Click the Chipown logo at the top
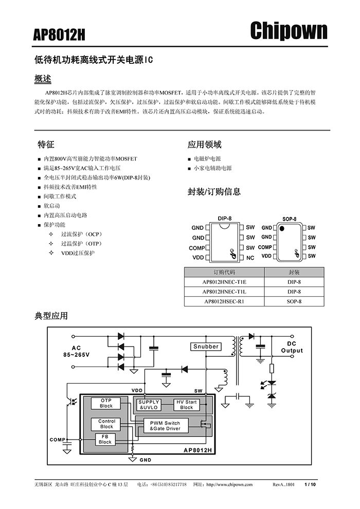tap(289, 31)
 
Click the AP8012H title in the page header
tap(59, 35)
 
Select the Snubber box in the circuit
tap(206, 347)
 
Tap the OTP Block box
tap(106, 403)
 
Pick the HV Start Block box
tap(187, 405)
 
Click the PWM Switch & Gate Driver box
tap(165, 426)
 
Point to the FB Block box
tap(105, 439)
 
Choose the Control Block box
tap(106, 424)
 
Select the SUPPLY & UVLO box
tap(149, 405)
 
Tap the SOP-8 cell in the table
tap(294, 301)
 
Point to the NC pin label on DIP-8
tap(250, 258)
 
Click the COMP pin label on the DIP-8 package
tap(196, 248)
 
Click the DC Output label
tap(292, 347)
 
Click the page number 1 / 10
tap(310, 484)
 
